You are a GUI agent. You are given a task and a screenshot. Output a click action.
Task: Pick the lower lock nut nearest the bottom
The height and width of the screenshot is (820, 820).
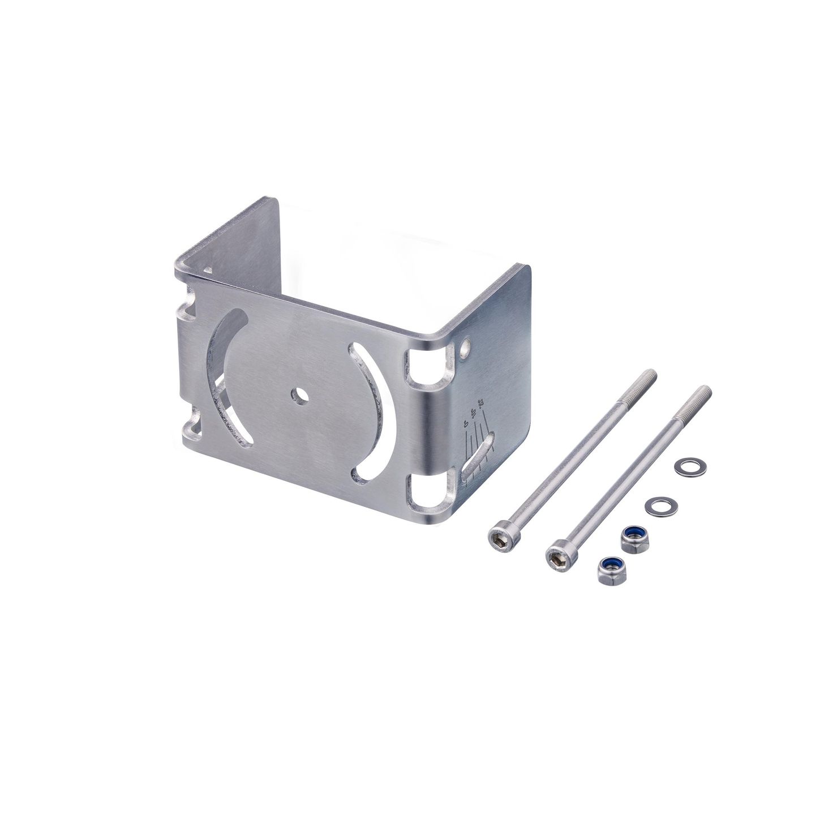tap(608, 568)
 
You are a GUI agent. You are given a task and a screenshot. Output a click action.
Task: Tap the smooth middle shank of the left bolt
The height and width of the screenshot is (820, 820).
tap(572, 455)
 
